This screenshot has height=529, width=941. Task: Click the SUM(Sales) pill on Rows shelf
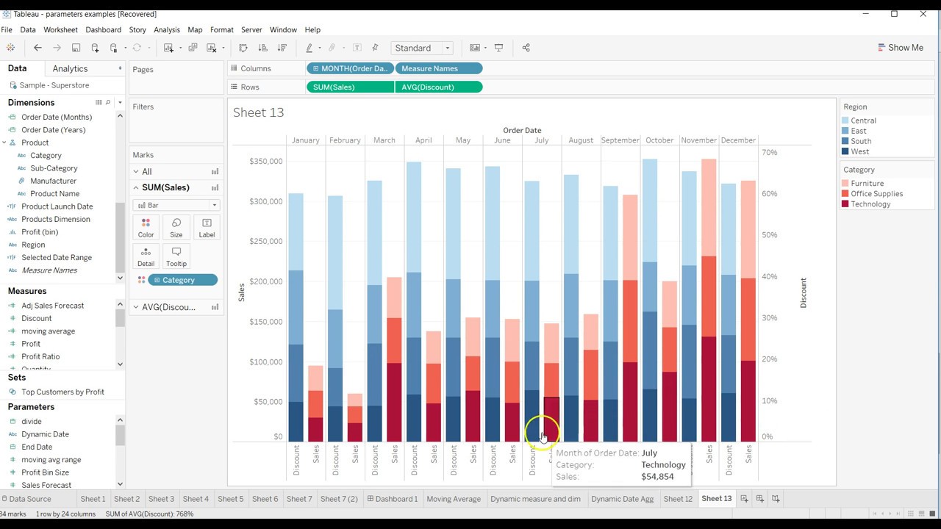[x=349, y=87]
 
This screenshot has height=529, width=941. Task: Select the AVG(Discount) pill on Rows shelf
[x=438, y=87]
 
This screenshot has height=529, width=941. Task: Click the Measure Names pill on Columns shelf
[x=438, y=68]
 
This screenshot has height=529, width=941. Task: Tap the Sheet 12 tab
[x=678, y=499]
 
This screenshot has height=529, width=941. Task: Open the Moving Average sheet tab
[x=454, y=499]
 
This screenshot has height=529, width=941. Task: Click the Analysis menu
[x=167, y=29]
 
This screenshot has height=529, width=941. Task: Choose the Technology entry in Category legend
[x=870, y=204]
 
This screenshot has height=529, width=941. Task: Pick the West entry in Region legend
[x=859, y=151]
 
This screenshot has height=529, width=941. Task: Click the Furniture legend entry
[x=867, y=184]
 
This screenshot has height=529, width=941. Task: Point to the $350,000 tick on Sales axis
[x=265, y=161]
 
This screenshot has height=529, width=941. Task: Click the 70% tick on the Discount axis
[x=769, y=152]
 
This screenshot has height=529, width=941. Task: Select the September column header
[x=620, y=140]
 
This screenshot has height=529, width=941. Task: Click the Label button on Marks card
[x=207, y=227]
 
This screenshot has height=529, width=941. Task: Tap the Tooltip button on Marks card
[x=176, y=256]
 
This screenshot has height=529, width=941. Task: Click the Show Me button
[x=901, y=48]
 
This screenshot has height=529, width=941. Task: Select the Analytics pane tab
[x=71, y=68]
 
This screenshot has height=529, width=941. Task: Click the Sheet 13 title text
[x=258, y=112]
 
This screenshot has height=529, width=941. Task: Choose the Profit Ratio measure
[x=40, y=356]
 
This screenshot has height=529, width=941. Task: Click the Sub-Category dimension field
[x=54, y=168]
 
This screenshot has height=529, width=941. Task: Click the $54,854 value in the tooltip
[x=657, y=477]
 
